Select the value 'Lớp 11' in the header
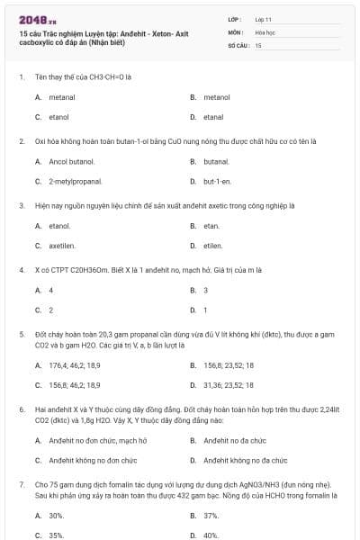click(263, 18)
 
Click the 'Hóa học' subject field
click(265, 31)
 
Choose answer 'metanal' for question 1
click(62, 96)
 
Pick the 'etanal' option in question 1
click(213, 117)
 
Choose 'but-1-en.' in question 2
click(218, 182)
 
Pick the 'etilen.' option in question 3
click(213, 246)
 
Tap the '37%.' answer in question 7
click(211, 516)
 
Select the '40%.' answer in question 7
click(211, 535)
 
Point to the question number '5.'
click(22, 333)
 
